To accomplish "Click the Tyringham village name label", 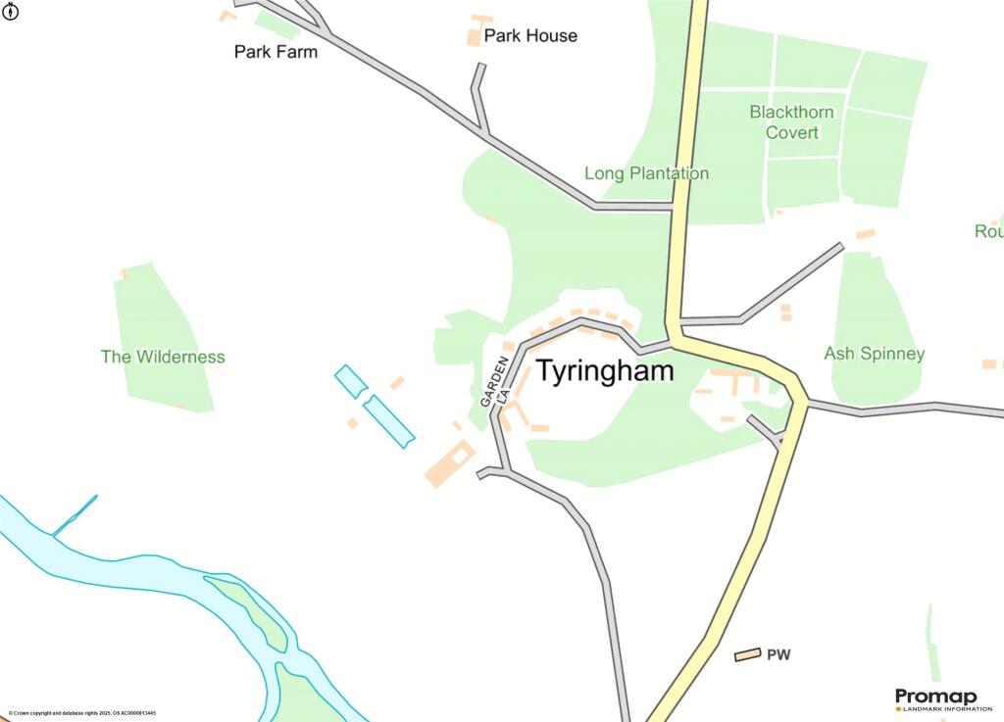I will point(605,372).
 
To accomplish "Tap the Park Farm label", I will point(276,52).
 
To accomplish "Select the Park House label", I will point(530,36).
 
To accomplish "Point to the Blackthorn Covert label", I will point(791,121).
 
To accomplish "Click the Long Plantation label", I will point(646,173).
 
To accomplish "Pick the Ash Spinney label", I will point(874,354).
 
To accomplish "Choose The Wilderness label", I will point(163,357).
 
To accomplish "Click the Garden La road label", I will point(496,383).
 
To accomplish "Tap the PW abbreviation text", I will point(778,654).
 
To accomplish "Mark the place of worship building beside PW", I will point(748,654).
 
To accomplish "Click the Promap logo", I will point(935,698).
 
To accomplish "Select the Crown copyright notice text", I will point(82,713).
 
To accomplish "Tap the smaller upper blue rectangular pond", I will point(350,381).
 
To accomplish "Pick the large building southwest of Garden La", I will point(449,464).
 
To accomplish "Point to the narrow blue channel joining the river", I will point(75,516).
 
